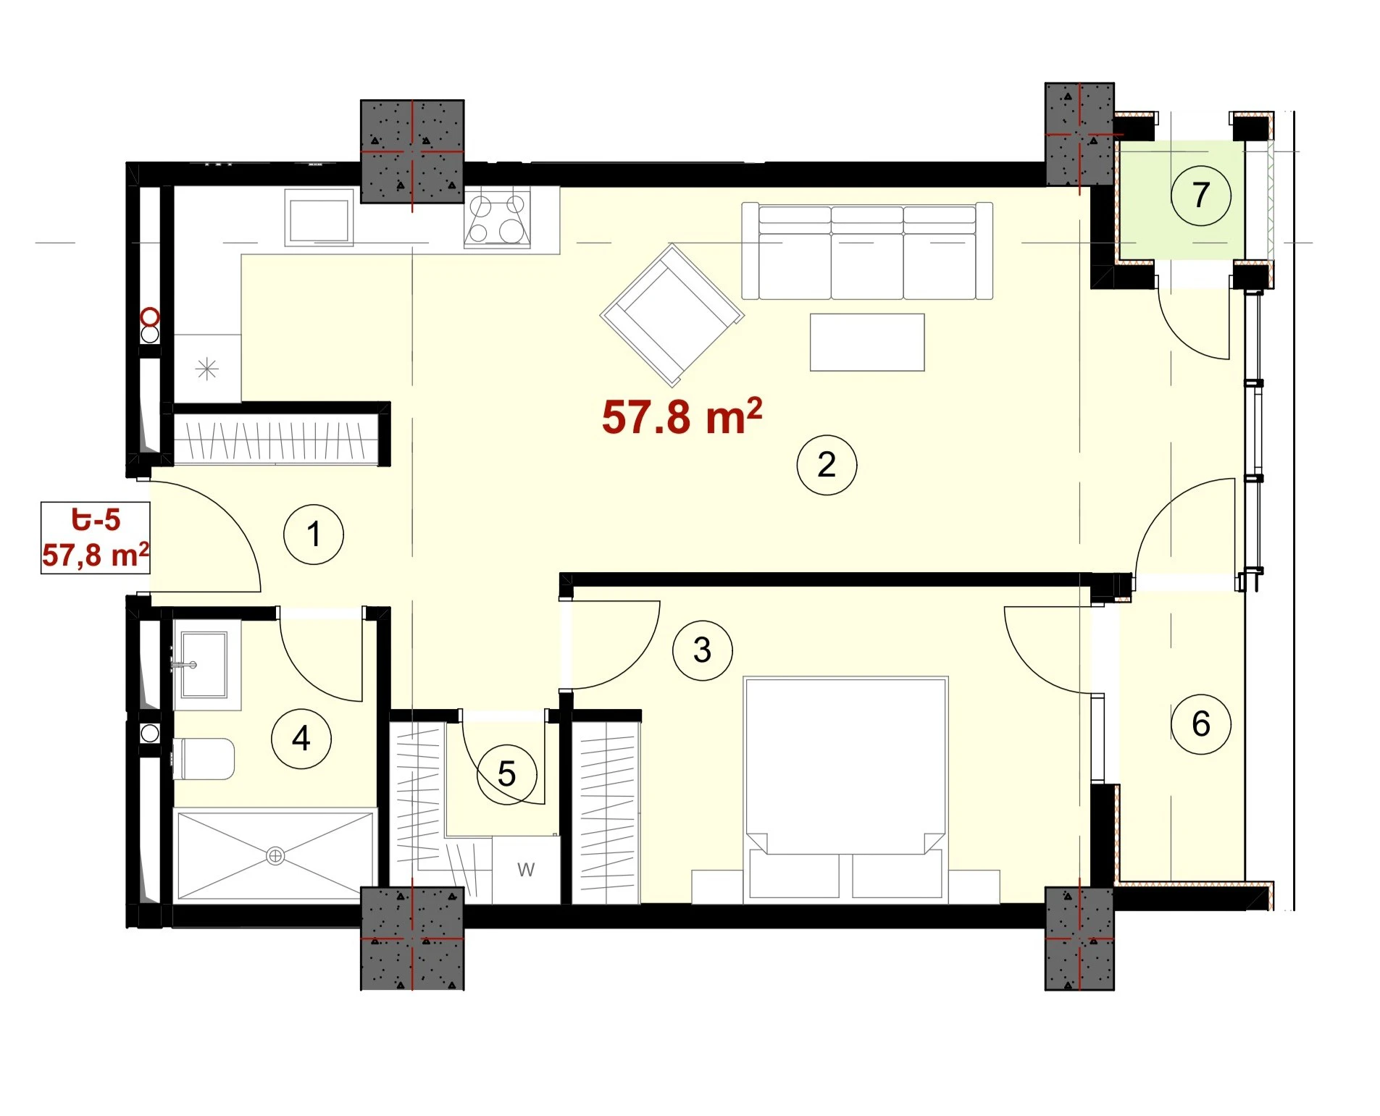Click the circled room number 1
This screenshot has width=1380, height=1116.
(313, 534)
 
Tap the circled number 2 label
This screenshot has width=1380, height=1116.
(827, 464)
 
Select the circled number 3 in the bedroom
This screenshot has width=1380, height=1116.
(702, 650)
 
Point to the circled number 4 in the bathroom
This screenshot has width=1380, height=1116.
(301, 738)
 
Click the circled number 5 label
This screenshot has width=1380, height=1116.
(506, 773)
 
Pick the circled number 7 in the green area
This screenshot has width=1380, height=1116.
(1200, 195)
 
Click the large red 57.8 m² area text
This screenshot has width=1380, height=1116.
(682, 416)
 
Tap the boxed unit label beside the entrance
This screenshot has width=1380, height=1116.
(95, 537)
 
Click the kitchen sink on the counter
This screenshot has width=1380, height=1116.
(319, 218)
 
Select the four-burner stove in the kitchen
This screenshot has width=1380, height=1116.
(497, 219)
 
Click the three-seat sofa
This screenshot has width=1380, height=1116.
(867, 251)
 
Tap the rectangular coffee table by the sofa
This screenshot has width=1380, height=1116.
(867, 342)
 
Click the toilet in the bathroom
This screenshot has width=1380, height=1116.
(204, 758)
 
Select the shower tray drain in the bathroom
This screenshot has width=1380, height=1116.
(275, 856)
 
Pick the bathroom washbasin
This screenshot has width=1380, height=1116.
(204, 664)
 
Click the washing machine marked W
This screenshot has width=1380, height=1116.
(526, 870)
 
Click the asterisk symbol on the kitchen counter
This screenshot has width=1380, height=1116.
(207, 369)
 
